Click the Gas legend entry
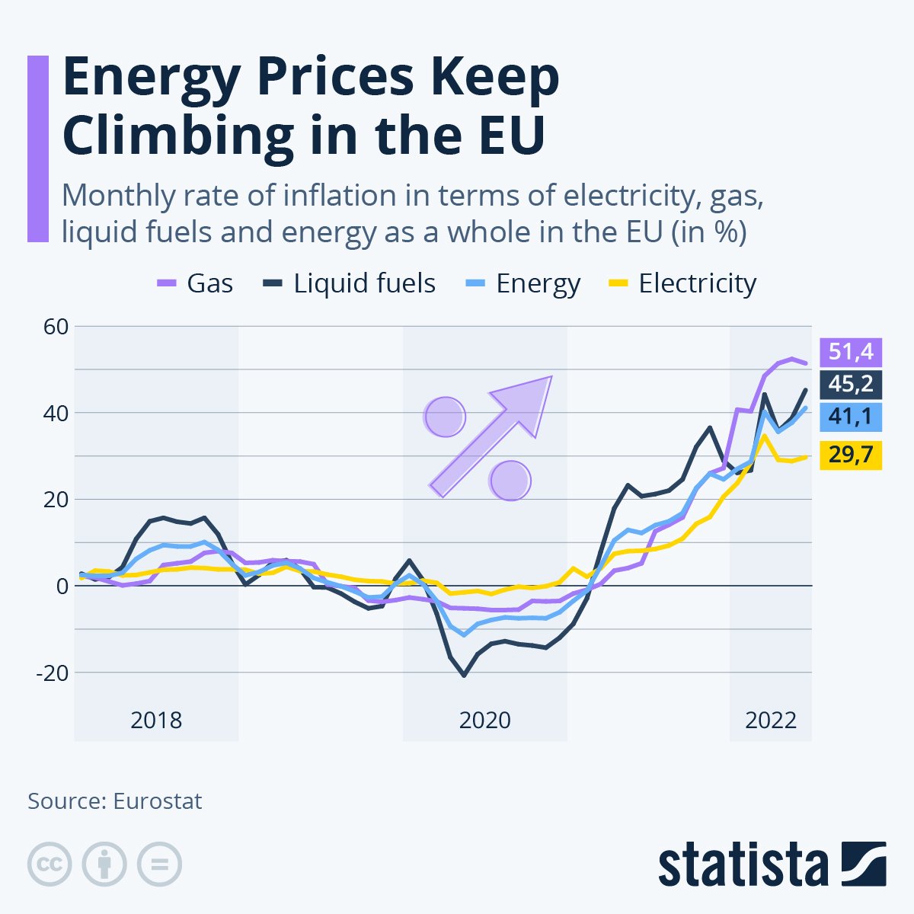195,283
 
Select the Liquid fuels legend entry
350,283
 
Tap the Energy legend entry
523,283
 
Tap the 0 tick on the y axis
61,586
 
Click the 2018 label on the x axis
156,720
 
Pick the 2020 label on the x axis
484,720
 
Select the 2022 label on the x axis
770,720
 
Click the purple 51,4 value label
851,353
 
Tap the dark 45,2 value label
851,385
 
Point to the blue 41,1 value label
851,417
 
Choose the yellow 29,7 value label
851,455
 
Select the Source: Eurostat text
115,801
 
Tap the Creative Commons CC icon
50,864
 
